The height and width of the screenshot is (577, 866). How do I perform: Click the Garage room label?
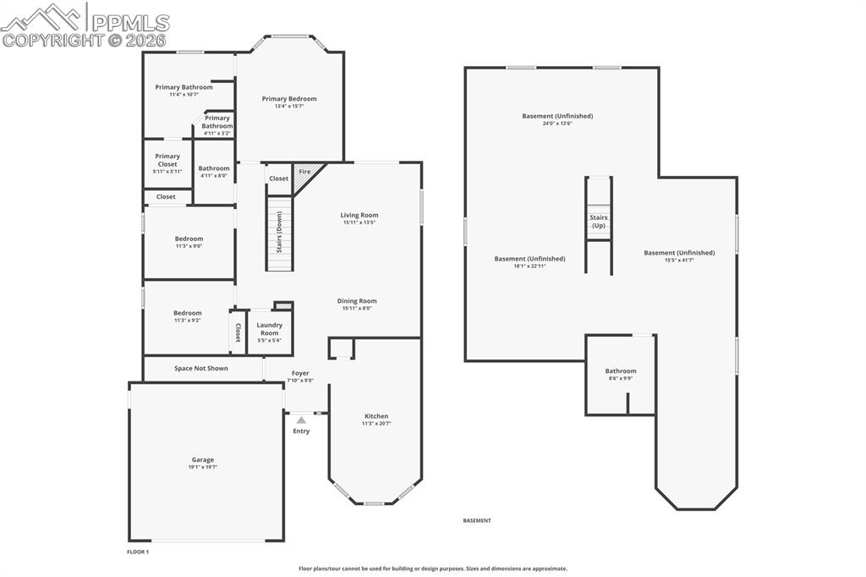coord(203,459)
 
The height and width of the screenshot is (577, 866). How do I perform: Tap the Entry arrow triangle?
coord(301,420)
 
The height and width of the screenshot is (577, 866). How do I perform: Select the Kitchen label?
coord(376,416)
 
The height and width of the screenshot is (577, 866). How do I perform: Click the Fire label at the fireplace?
coord(304,172)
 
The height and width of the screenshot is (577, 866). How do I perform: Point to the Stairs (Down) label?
coord(279,232)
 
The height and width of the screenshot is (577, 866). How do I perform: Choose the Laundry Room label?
coord(270,329)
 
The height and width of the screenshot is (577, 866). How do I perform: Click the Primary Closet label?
coord(167,160)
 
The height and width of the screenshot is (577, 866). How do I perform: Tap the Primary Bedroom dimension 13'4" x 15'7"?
coord(289,106)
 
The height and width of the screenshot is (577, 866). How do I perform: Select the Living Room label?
coord(359,215)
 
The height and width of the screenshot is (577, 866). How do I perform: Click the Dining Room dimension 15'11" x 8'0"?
coord(357,309)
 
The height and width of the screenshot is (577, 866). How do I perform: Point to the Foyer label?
coord(300,373)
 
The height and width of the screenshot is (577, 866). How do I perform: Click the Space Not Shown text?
coord(201,368)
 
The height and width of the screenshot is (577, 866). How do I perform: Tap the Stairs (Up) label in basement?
coord(599,222)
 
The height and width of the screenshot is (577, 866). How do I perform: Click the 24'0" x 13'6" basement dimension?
coord(557,124)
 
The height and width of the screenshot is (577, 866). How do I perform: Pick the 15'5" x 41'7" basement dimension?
coord(679,261)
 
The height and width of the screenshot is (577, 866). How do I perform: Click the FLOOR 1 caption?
coord(138,552)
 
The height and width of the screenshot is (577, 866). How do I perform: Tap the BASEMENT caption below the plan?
coord(477,520)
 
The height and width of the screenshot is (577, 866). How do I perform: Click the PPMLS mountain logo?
coord(42,18)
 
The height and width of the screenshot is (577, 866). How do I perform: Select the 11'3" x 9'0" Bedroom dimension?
coord(189,246)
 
